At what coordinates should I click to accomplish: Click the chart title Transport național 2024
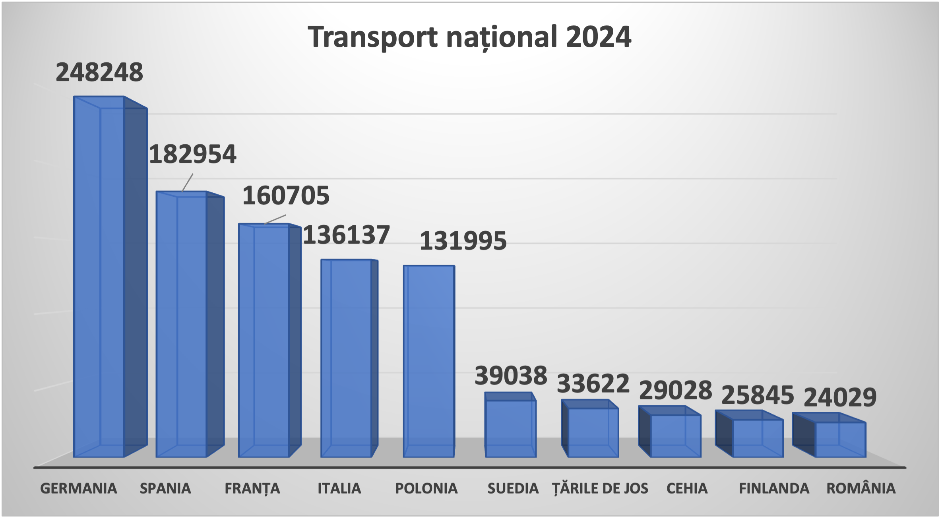click(x=469, y=37)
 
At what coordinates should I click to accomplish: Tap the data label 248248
click(x=99, y=72)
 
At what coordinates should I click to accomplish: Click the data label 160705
click(x=286, y=196)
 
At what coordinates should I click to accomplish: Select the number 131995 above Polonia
click(x=463, y=241)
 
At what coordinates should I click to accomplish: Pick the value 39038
click(x=511, y=376)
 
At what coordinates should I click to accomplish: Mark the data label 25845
click(x=758, y=395)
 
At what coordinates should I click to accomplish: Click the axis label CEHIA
click(x=687, y=488)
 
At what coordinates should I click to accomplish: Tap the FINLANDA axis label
click(x=774, y=488)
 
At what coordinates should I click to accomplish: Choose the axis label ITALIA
click(x=339, y=488)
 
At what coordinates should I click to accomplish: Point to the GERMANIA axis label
click(x=79, y=488)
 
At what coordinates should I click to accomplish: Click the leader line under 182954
click(x=187, y=183)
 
